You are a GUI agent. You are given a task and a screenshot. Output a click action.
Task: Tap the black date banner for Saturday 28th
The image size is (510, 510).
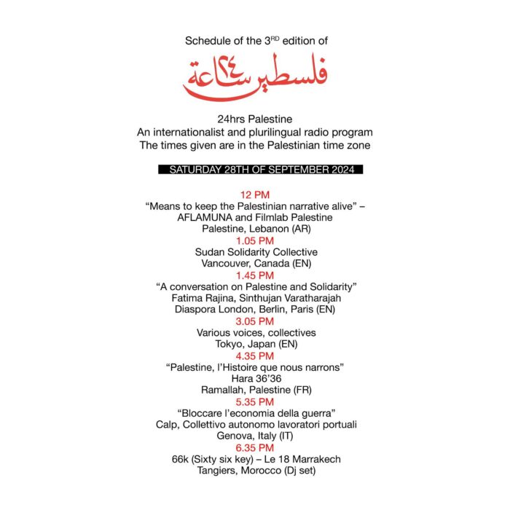click(255, 169)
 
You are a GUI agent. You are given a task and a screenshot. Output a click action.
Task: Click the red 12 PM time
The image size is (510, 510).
click(255, 195)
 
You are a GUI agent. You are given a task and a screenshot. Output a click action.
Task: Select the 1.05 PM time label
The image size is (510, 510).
click(255, 240)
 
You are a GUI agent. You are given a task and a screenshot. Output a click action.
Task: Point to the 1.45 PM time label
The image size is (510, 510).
click(255, 275)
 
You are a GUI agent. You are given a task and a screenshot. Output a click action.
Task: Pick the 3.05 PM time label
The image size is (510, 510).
click(255, 321)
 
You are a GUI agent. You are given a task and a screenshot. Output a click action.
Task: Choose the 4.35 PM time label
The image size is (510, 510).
click(255, 356)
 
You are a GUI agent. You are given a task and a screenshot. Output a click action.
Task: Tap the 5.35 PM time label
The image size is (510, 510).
click(255, 401)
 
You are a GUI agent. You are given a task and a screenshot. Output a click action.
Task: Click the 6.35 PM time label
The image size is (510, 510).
click(255, 447)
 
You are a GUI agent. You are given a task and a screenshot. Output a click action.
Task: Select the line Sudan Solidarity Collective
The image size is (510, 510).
click(255, 252)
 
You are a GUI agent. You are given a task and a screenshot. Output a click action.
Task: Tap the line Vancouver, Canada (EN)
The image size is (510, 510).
click(255, 264)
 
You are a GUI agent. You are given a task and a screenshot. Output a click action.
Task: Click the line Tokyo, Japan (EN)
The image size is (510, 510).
click(255, 344)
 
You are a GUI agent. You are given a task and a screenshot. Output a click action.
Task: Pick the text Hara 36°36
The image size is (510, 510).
click(255, 378)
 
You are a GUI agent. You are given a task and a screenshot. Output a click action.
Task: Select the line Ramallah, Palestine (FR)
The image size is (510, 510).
click(255, 390)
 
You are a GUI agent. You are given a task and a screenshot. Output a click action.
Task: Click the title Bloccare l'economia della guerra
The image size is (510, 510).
click(255, 413)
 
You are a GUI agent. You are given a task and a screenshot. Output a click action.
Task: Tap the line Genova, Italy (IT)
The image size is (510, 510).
click(255, 436)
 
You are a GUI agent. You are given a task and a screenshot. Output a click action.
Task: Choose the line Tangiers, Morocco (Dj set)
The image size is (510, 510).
click(255, 470)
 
